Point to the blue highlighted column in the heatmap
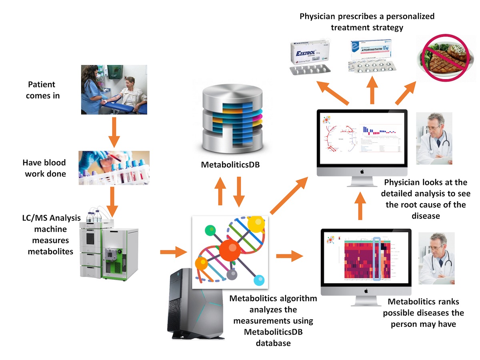tap(376, 258)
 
